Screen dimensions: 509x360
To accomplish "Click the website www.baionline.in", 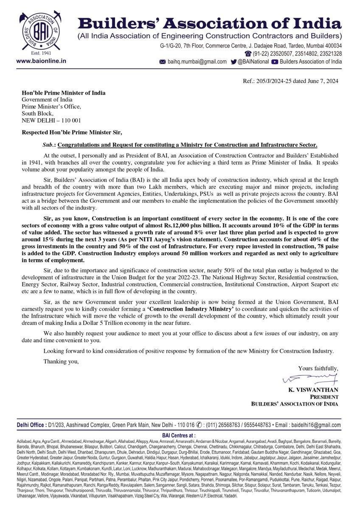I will (41, 61).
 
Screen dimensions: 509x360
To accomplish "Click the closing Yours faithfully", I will (318, 368).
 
